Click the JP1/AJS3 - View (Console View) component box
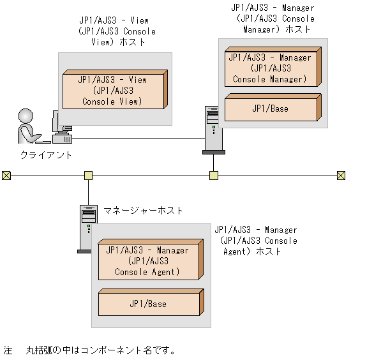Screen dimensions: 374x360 [x=115, y=90]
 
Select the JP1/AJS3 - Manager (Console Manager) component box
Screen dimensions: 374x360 [x=273, y=67]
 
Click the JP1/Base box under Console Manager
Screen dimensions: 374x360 [x=273, y=107]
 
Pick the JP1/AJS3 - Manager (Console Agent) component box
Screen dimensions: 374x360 [x=151, y=260]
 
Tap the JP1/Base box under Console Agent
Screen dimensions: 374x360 [x=151, y=303]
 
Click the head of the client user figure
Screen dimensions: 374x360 [x=26, y=116]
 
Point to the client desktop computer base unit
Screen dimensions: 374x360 [x=63, y=139]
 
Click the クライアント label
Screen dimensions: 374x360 [x=46, y=155]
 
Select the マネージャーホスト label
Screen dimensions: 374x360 [x=143, y=211]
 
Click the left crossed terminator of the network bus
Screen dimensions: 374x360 [x=6, y=176]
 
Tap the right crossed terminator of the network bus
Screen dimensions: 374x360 [x=341, y=176]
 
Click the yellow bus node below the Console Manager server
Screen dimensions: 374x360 [x=214, y=176]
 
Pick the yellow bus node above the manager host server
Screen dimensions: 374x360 [x=89, y=176]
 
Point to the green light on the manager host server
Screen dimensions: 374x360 [x=89, y=226]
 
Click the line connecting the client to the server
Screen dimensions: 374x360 [x=138, y=138]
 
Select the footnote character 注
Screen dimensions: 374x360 [x=8, y=350]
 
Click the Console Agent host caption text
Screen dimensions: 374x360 [x=256, y=241]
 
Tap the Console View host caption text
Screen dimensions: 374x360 [x=117, y=31]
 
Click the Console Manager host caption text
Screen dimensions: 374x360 [x=273, y=19]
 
